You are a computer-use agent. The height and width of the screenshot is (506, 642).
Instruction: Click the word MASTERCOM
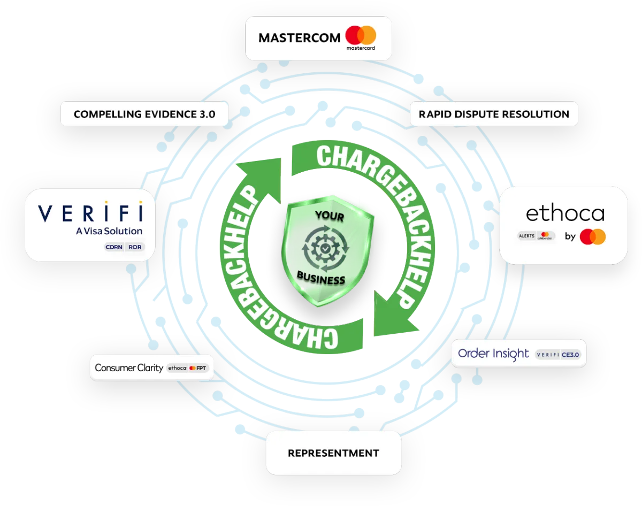(x=299, y=37)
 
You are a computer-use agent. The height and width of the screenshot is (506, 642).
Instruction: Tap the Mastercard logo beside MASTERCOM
(x=361, y=36)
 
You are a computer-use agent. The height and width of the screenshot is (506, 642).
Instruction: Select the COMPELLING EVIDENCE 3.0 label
(x=144, y=114)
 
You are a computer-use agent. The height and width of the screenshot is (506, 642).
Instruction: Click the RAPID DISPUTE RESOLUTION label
(x=493, y=114)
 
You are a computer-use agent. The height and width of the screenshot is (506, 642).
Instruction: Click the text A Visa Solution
(x=109, y=232)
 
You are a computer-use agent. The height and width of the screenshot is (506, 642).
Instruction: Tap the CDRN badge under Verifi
(x=114, y=247)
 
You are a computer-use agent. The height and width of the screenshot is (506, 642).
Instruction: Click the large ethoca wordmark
(x=565, y=213)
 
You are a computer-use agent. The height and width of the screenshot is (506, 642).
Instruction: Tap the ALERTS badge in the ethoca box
(x=526, y=235)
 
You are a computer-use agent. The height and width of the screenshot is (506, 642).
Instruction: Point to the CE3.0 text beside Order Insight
(x=570, y=354)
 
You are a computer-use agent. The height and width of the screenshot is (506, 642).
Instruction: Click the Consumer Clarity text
(x=129, y=367)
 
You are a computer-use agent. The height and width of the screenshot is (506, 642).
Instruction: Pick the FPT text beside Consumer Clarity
(x=202, y=368)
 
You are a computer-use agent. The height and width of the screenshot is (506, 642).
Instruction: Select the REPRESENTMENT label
(x=333, y=453)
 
